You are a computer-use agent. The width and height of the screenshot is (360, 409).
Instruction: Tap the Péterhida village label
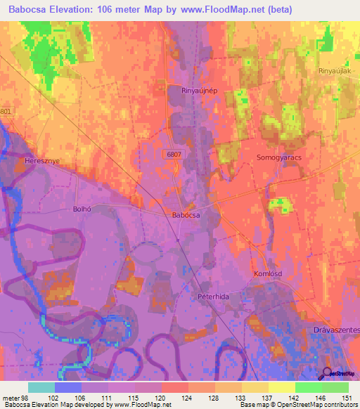coord(214,297)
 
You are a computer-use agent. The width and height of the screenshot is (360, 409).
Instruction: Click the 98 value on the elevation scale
coord(26,398)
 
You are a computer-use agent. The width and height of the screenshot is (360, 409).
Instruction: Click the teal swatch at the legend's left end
coord(41,387)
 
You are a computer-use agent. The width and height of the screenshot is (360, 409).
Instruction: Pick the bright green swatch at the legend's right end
coord(335,387)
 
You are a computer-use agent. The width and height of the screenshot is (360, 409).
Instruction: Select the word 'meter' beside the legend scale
coord(11,398)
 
